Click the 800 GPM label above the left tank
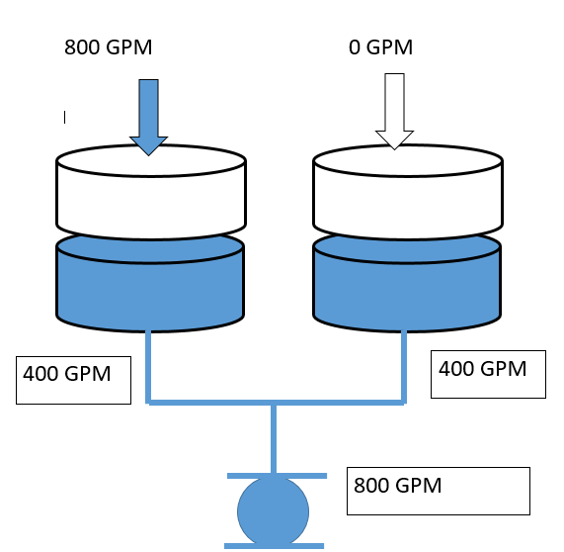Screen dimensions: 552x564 coord(109,46)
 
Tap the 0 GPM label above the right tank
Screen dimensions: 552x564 coord(380,46)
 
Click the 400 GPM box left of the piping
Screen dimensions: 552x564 coord(73,380)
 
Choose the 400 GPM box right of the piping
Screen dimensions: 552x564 coord(489,373)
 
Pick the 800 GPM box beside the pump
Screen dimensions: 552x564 coord(438,491)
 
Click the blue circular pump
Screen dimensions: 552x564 coord(274,510)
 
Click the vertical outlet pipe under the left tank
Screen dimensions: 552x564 coord(148,364)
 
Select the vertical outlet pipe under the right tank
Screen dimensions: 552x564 coord(405,364)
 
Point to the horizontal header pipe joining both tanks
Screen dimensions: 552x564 coord(212,402)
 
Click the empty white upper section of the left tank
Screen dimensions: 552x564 coord(150,193)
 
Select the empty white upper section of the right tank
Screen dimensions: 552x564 coord(406,193)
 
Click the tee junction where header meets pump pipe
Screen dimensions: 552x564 coord(274,403)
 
